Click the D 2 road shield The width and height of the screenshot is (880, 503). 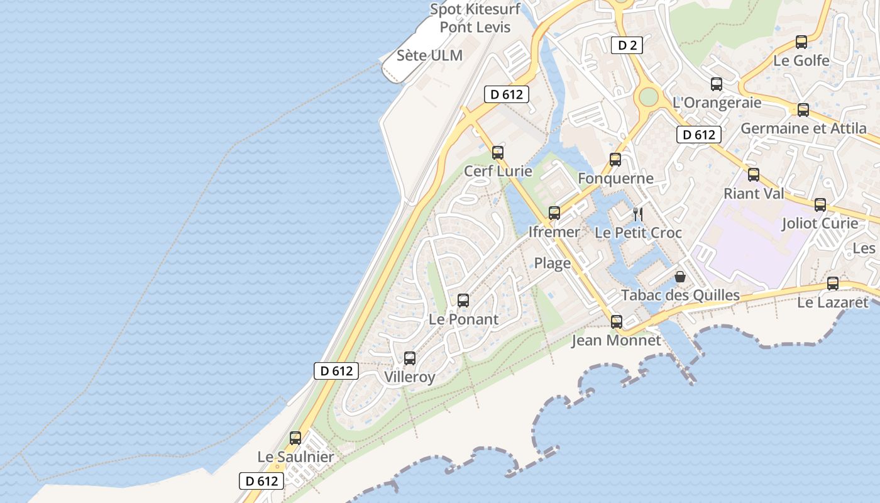[627, 45]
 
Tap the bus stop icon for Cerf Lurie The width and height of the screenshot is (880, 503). [498, 152]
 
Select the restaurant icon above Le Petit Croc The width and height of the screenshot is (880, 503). [637, 214]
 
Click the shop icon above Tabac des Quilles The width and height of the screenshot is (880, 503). [679, 276]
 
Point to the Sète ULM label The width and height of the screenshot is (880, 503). [429, 55]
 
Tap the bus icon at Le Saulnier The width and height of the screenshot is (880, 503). [295, 438]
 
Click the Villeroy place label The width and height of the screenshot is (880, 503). [409, 377]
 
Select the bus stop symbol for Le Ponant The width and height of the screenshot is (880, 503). [463, 300]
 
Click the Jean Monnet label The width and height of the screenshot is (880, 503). [616, 341]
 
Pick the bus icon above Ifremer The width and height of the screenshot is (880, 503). [554, 213]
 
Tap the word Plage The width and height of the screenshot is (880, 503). [553, 263]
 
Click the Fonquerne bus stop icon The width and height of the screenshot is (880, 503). [615, 160]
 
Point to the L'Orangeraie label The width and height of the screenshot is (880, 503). [717, 102]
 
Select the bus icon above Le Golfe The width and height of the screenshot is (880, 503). [801, 42]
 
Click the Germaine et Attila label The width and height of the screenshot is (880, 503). [803, 128]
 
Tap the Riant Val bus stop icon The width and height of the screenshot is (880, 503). [754, 175]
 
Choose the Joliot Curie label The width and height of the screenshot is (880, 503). [820, 223]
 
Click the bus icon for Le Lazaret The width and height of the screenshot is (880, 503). [833, 283]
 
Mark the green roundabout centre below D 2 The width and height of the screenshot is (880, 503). [648, 97]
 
